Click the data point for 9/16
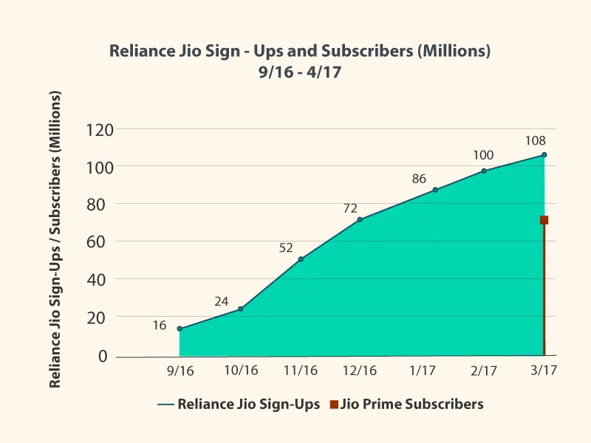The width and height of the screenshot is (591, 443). coord(180,329)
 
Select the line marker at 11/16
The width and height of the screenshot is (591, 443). coord(301,259)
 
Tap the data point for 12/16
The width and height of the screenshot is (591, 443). coord(360,219)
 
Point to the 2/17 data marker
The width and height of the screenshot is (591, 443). coord(484,171)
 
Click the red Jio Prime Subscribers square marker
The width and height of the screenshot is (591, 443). coord(544,220)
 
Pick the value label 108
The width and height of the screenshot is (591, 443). coord(536,140)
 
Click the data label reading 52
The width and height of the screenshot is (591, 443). coord(287,248)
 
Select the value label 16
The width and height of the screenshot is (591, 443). coord(160,324)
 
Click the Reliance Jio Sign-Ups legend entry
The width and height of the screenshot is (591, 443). coord(239,404)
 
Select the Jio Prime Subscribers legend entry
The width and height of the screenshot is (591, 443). coord(407,404)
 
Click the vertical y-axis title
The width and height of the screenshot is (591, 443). coord(55,240)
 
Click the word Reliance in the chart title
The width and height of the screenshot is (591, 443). coord(140,52)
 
